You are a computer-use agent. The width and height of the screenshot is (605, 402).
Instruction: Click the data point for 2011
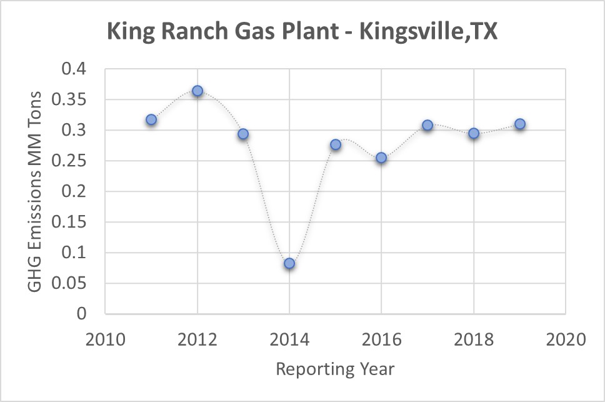[151, 119]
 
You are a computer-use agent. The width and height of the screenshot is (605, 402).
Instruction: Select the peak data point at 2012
[197, 91]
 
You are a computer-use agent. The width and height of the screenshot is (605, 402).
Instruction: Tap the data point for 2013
[243, 134]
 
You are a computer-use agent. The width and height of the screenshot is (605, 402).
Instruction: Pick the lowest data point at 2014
[289, 263]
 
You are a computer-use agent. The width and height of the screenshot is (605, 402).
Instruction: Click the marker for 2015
[336, 144]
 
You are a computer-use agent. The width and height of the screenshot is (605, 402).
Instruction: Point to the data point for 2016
[381, 158]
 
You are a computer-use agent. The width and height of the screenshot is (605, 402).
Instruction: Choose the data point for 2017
[427, 125]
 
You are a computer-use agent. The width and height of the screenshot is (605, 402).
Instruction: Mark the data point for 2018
[474, 133]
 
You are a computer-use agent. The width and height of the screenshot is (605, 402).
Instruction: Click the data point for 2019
[519, 124]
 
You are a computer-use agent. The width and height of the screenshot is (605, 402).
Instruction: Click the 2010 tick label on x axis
[105, 341]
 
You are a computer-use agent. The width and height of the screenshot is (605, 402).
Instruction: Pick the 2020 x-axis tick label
[566, 341]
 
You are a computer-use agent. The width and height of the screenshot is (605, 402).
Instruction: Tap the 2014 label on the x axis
[289, 341]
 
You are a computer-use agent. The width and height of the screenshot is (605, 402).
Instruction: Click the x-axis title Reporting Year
[335, 369]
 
